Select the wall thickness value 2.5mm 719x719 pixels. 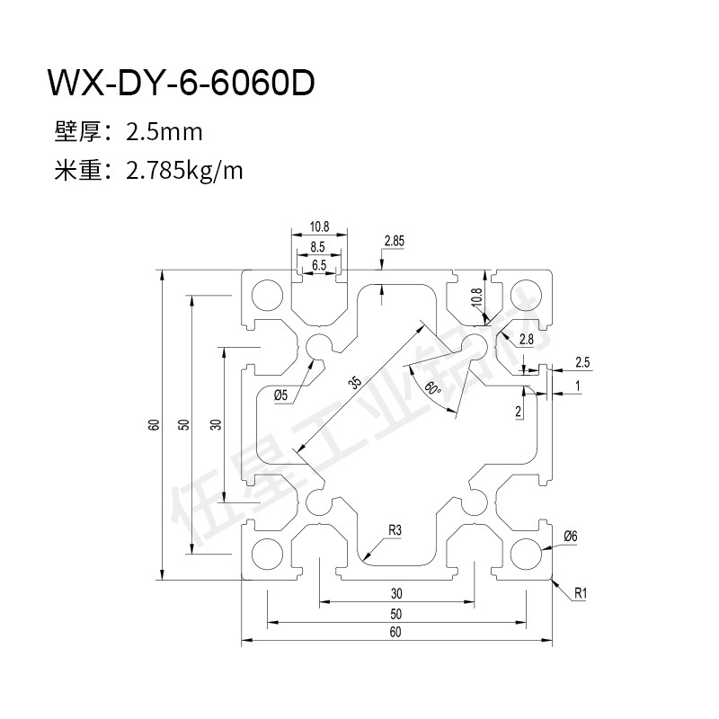[x=164, y=133]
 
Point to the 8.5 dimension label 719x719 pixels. [x=318, y=246]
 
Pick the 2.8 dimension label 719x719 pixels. [x=527, y=339]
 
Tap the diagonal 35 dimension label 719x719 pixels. [x=356, y=384]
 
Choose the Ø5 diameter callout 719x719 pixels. [x=280, y=393]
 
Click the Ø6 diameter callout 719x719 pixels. [x=569, y=537]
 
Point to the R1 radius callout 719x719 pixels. [x=580, y=593]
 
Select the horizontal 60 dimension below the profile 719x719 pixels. [x=395, y=631]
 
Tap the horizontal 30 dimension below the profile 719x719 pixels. [x=395, y=593]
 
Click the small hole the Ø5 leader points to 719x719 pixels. [x=318, y=347]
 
